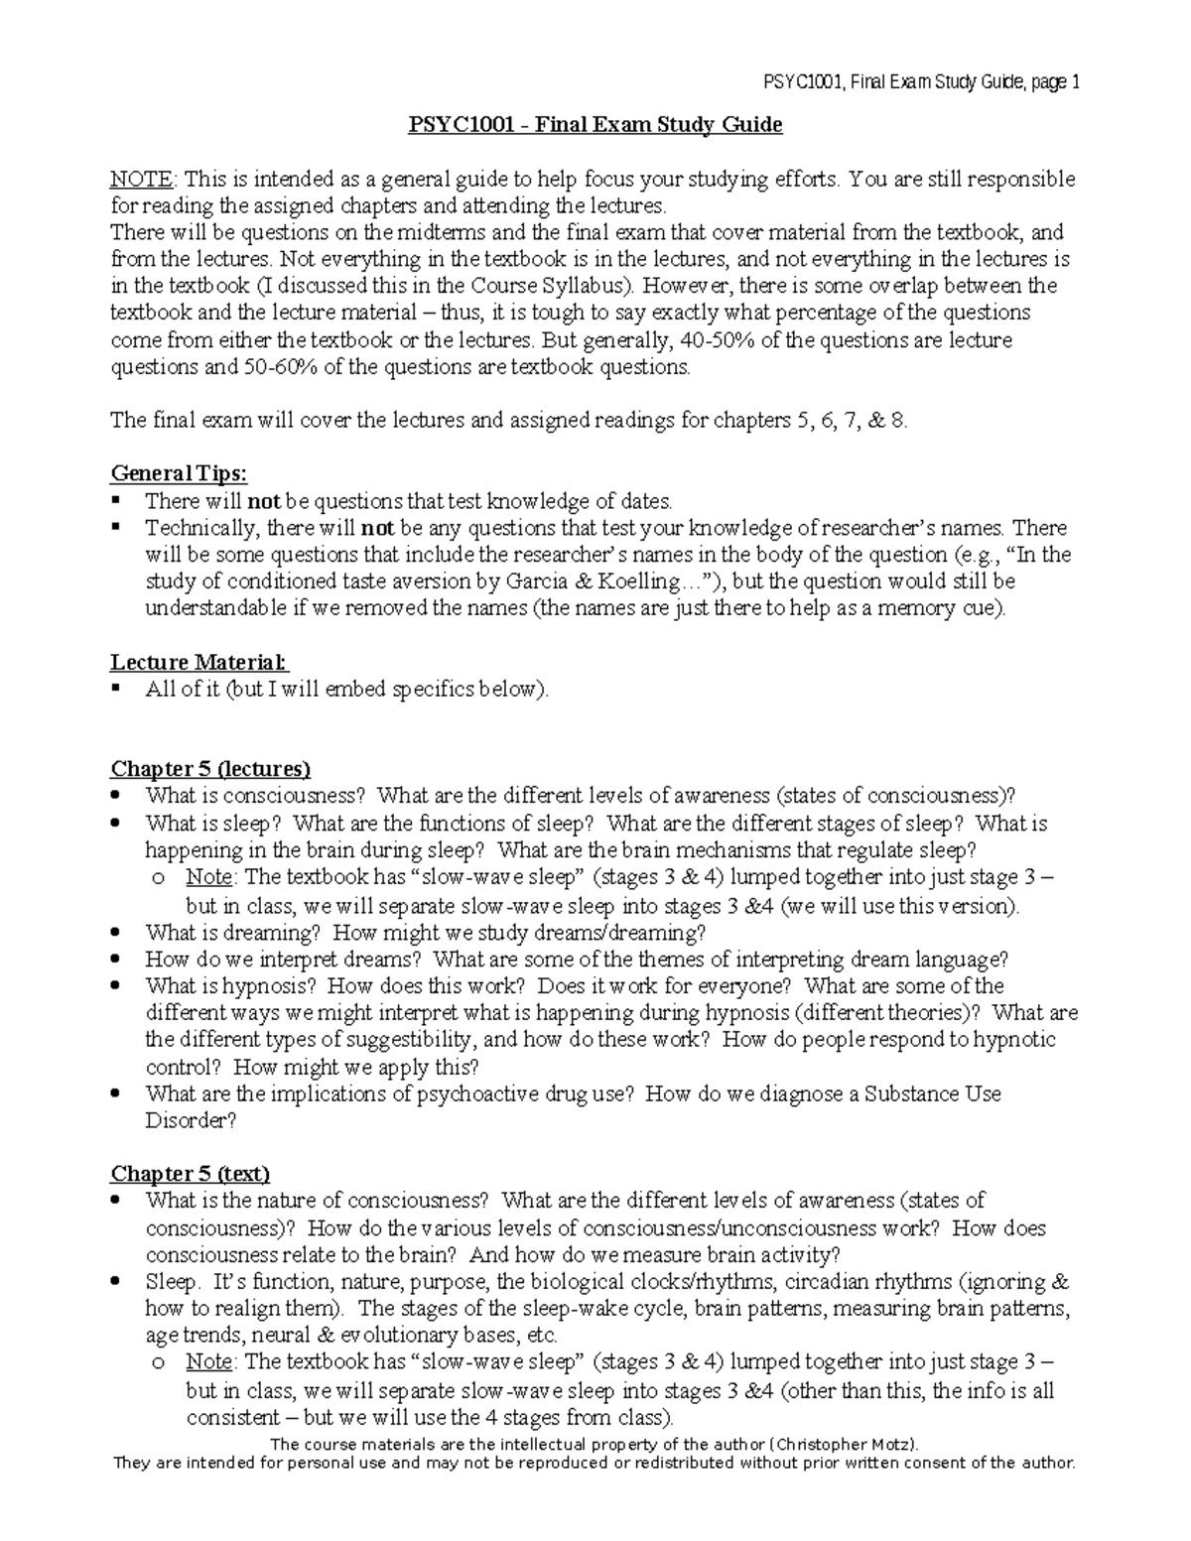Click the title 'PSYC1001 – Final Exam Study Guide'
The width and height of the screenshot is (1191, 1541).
click(596, 125)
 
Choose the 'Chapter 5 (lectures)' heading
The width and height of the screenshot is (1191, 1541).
click(210, 769)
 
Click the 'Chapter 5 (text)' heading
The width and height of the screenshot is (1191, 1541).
click(190, 1174)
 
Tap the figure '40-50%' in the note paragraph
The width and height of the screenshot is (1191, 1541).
click(704, 340)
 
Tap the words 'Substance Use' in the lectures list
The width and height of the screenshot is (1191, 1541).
click(925, 1093)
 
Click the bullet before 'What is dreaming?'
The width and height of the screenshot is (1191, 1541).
click(116, 933)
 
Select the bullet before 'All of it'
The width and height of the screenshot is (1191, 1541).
click(116, 688)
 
